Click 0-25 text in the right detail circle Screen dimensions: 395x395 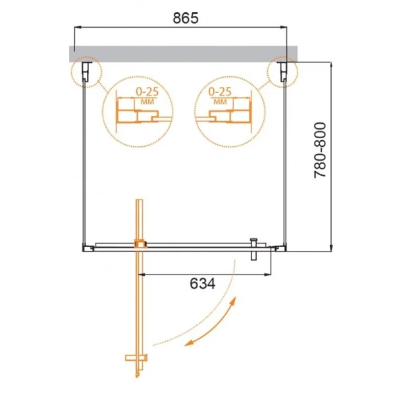pyautogui.click(x=220, y=92)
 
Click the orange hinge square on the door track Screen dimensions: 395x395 pyautogui.click(x=139, y=244)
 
